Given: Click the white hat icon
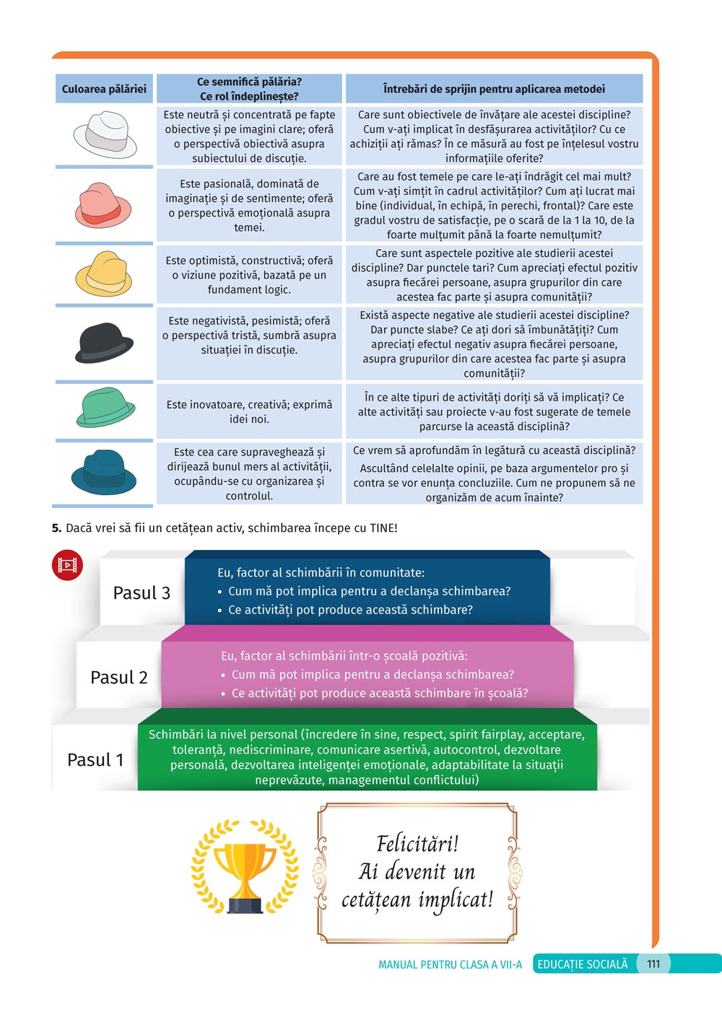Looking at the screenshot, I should point(105,134).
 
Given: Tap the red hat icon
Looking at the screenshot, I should point(104,206).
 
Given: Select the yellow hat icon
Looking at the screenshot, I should point(104,274).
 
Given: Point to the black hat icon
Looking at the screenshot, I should point(104,342).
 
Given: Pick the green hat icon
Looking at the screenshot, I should point(105,408).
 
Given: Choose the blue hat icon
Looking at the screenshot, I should point(104,472).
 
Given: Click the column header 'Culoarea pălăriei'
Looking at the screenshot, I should point(104,89).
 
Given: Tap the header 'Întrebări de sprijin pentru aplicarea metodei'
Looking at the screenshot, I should point(494,89).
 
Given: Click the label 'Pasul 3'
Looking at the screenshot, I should point(142,593).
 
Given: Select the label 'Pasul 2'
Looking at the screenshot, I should point(119,677).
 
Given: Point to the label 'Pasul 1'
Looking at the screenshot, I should point(95,759).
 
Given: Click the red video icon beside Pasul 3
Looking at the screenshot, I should point(67,565).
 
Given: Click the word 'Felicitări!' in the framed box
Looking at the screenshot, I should point(417,843).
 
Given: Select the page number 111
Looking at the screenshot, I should point(653,963).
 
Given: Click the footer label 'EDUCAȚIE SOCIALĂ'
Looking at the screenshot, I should point(583,964).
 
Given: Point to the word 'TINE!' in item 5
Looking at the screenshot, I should point(383,528).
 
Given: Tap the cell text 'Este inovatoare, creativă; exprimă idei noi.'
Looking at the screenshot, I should point(249,411).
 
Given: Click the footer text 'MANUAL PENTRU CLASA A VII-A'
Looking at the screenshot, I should point(450,964).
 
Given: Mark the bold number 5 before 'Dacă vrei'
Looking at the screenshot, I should point(56,528).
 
